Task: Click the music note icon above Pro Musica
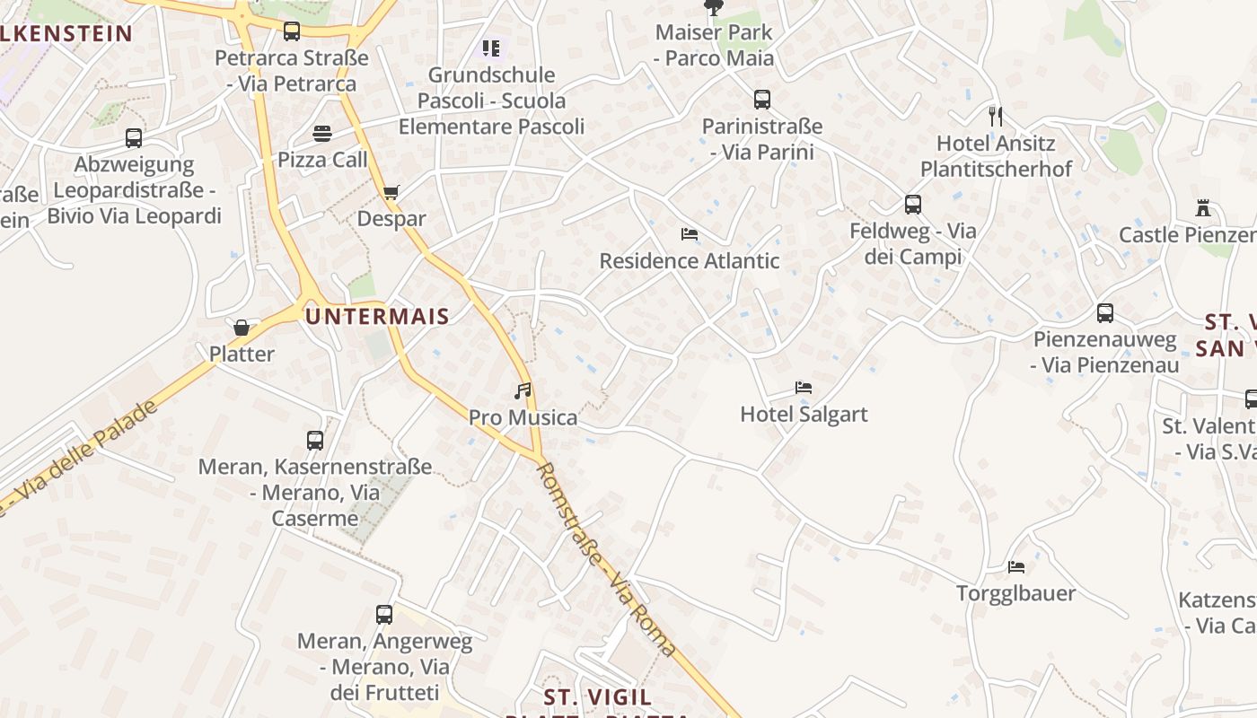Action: point(523,391)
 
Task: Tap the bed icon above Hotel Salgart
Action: point(804,388)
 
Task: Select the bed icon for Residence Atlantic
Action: point(690,234)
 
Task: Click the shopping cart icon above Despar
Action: point(391,192)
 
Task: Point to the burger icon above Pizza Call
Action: point(322,134)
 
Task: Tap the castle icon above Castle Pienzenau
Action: point(1203,208)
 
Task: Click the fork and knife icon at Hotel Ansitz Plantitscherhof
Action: point(995,116)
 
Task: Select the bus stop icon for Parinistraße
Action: point(762,100)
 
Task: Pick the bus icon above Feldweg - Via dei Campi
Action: point(913,205)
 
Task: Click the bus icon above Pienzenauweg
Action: point(1105,313)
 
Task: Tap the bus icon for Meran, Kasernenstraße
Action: point(315,441)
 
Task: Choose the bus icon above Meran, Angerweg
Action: point(384,615)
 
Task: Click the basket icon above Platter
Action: point(242,328)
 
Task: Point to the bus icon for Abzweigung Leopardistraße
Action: point(134,138)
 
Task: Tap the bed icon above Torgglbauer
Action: point(1016,567)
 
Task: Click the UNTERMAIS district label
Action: point(377,316)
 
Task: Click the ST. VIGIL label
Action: point(598,696)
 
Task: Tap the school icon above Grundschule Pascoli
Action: point(490,48)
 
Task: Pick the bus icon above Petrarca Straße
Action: point(292,31)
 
